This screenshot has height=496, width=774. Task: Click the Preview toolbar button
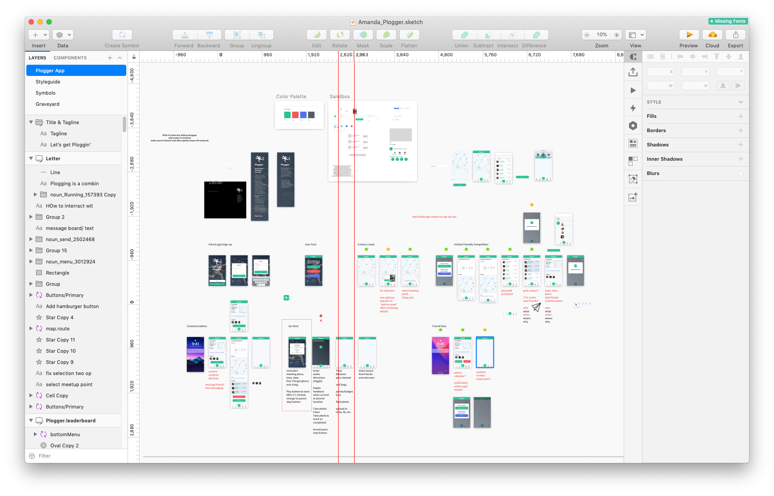click(x=689, y=35)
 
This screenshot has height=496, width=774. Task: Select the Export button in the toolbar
click(x=735, y=35)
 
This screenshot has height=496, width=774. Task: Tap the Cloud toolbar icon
click(x=712, y=35)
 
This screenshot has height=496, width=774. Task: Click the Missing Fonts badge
click(x=728, y=21)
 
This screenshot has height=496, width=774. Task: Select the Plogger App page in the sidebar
click(x=76, y=71)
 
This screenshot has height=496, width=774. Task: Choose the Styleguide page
click(x=48, y=82)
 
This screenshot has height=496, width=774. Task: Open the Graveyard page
click(x=47, y=104)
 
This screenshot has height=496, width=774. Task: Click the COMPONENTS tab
click(x=70, y=58)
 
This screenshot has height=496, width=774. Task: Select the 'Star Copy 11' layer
click(x=60, y=340)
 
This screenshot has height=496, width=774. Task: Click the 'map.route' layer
click(x=58, y=329)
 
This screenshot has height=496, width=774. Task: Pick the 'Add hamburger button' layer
click(x=72, y=306)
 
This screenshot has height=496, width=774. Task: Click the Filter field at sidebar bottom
click(x=76, y=456)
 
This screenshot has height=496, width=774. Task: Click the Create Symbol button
click(x=122, y=35)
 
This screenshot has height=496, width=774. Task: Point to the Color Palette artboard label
click(x=291, y=96)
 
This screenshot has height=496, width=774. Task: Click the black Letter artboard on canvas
click(x=225, y=200)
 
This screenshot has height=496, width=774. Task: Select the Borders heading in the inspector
click(x=656, y=130)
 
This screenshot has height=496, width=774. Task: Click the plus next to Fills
click(x=741, y=116)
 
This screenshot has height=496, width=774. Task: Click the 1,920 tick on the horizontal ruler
click(x=313, y=55)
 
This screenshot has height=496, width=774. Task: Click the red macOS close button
click(x=31, y=22)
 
